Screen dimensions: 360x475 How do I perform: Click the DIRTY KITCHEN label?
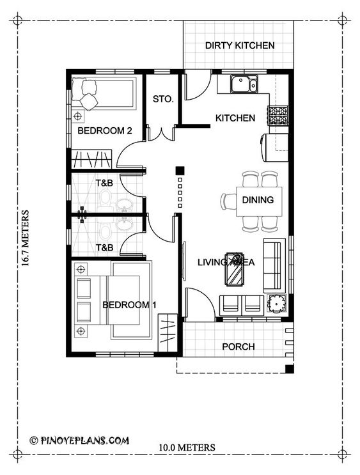[240, 45]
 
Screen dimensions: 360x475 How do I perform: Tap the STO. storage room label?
[163, 99]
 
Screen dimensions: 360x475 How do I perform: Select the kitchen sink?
[244, 84]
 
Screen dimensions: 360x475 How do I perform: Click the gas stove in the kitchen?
[278, 116]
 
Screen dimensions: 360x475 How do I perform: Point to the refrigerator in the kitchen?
[274, 148]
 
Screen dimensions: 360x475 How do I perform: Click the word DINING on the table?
[258, 200]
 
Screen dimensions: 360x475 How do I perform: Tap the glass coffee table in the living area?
[234, 269]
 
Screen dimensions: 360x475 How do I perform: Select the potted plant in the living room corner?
[276, 304]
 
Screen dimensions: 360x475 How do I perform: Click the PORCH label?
[239, 347]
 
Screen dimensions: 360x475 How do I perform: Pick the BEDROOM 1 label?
[129, 305]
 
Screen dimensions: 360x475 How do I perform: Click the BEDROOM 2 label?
[105, 131]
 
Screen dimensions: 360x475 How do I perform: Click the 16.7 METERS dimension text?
[26, 238]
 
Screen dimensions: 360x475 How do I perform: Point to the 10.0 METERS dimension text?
[187, 448]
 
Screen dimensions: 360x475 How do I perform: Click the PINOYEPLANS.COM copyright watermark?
[79, 440]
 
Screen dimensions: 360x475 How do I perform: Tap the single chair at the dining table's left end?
[228, 201]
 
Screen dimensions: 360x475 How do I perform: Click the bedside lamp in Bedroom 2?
[78, 116]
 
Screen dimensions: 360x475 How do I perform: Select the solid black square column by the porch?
[290, 369]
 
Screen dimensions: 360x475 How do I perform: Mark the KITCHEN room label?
[235, 118]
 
